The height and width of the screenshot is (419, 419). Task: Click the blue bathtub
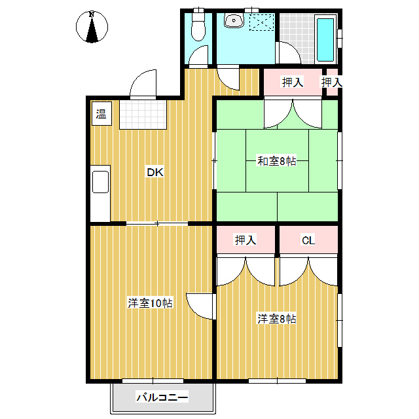325,38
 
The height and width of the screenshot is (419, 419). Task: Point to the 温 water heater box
101,115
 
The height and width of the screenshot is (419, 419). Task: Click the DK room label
155,173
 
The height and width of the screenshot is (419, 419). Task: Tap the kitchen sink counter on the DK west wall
101,193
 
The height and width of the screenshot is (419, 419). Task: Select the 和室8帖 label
276,160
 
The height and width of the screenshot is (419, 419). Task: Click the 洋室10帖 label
150,303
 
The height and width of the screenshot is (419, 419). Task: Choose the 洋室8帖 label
276,319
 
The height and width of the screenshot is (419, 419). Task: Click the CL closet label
308,241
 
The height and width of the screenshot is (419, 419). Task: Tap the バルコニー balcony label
162,397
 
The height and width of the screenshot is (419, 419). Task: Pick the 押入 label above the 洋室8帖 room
246,241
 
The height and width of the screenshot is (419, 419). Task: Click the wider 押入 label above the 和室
292,82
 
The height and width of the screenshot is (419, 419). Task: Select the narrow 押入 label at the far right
331,82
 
